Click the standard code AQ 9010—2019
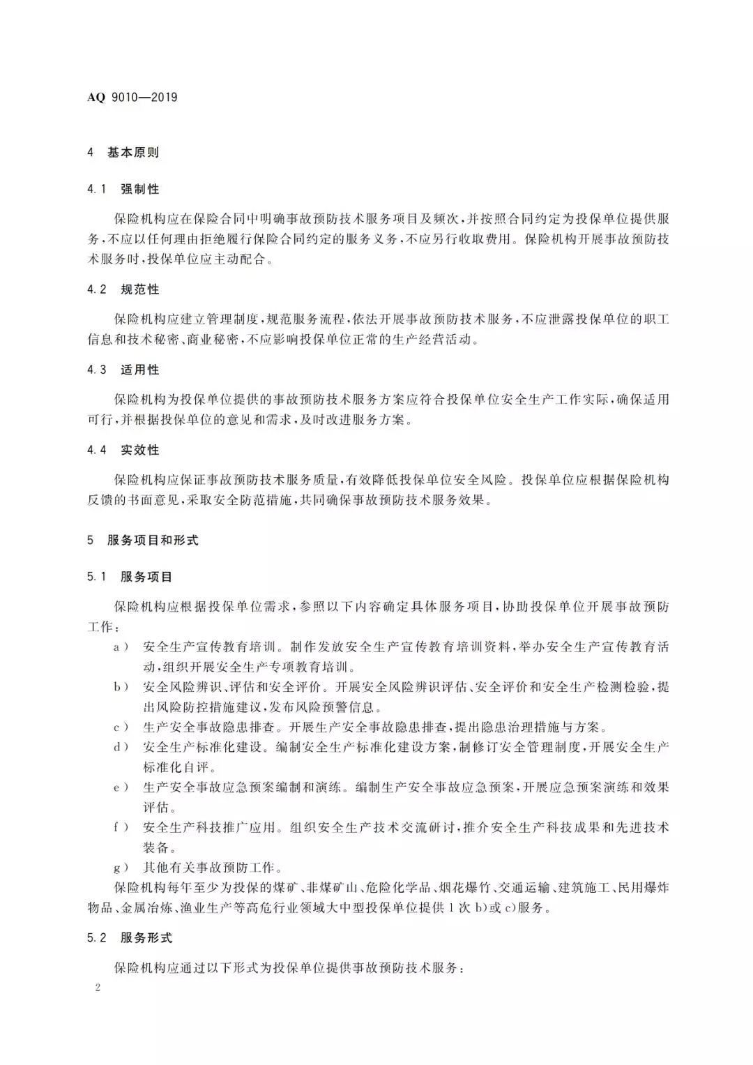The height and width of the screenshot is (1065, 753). point(132,98)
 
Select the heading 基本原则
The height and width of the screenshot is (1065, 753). point(133,152)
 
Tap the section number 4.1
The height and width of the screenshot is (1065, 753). point(97,189)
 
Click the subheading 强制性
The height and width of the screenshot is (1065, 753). point(140,189)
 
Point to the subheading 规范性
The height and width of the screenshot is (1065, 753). point(140,289)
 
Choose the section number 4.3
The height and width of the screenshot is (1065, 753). point(97,370)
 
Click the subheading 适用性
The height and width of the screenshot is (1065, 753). point(140,370)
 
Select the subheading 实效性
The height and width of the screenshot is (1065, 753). point(140,450)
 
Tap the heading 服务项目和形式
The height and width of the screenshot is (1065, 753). point(153,540)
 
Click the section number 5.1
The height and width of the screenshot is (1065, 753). point(97,577)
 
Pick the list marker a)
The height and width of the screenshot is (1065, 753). point(121,647)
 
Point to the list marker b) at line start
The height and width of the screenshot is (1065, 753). point(121,687)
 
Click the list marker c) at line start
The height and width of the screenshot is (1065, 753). point(121,727)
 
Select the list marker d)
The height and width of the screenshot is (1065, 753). point(121,747)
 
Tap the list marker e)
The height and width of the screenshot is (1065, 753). point(121,787)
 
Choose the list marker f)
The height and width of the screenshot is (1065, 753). point(121,828)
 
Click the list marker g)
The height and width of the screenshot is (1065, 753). point(121,868)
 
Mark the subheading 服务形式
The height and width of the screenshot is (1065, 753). point(146,938)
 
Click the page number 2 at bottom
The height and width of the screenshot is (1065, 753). point(98,988)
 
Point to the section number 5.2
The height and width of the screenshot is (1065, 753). point(97,938)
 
